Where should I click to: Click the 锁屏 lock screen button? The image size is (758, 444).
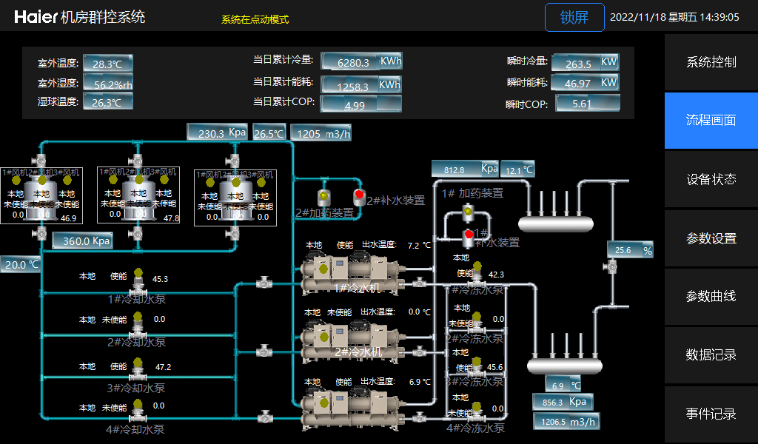point(574,18)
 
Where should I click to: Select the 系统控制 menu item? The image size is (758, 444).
point(711,62)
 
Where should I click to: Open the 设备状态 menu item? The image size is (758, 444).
point(711,179)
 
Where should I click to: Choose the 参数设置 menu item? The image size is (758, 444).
point(711,238)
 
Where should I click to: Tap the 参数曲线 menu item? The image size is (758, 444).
point(711,297)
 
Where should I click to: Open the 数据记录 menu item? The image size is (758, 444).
point(711,355)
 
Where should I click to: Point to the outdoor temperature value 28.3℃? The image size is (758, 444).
point(107,64)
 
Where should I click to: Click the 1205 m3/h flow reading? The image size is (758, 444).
point(321,134)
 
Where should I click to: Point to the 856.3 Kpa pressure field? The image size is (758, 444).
point(563,403)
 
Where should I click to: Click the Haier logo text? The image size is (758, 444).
point(36,17)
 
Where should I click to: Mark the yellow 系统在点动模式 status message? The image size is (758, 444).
point(255,20)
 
